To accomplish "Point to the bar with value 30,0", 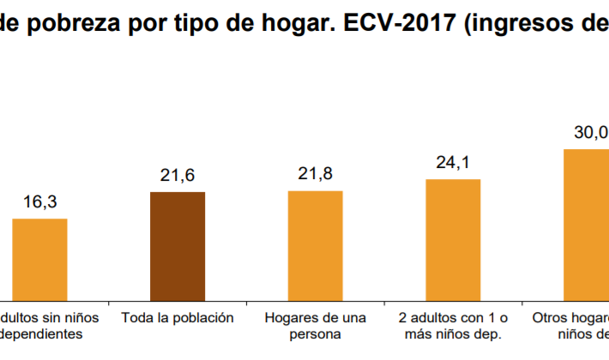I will pyautogui.click(x=588, y=224).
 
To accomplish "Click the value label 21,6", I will pyautogui.click(x=178, y=176).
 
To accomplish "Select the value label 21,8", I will pyautogui.click(x=315, y=174).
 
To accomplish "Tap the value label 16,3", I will pyautogui.click(x=39, y=203).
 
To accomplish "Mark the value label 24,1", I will pyautogui.click(x=453, y=163).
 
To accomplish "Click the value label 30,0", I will pyautogui.click(x=591, y=133).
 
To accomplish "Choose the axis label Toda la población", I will pyautogui.click(x=178, y=317).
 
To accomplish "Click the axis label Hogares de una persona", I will pyautogui.click(x=316, y=326).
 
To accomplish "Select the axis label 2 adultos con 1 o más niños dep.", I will pyautogui.click(x=453, y=326).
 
